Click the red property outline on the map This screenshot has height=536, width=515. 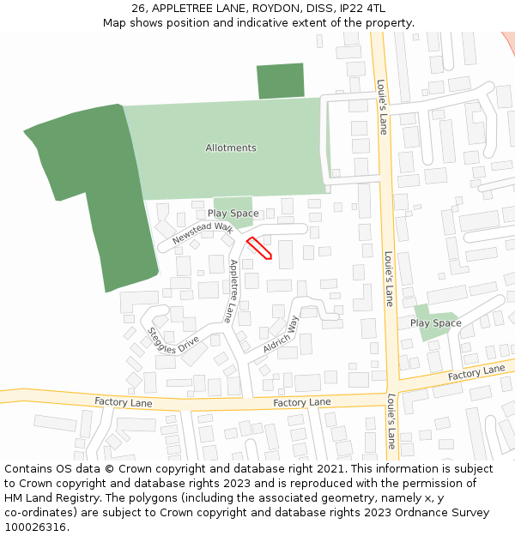259,248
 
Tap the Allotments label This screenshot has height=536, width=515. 230,148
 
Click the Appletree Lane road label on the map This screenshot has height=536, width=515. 232,291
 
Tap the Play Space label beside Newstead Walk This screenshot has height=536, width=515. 233,214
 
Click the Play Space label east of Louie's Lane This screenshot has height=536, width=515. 435,323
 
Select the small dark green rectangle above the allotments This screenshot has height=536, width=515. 281,81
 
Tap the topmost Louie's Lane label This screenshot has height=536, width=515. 382,107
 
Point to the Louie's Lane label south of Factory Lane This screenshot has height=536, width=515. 391,421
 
